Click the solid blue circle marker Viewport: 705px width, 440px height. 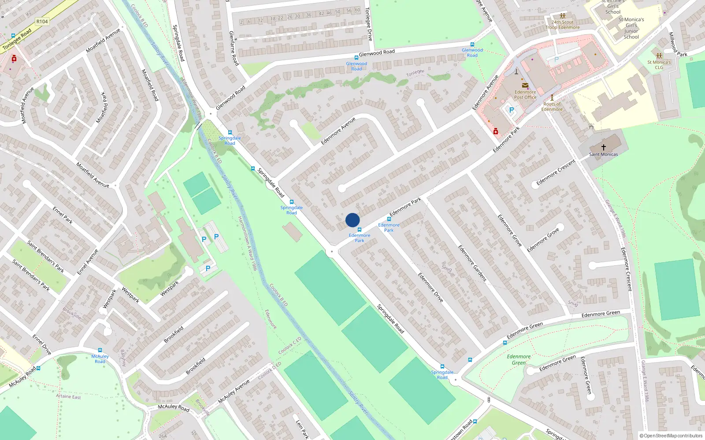point(352,220)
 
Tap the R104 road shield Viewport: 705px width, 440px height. point(42,22)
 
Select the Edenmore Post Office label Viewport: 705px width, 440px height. point(525,95)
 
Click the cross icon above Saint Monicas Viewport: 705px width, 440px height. point(604,147)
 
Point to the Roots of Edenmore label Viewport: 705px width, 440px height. point(552,106)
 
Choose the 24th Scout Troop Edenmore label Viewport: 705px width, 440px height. point(563,25)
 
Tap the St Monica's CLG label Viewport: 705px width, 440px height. point(659,65)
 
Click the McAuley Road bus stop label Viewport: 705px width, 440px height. point(100,359)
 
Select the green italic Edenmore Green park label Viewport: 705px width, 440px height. point(519,359)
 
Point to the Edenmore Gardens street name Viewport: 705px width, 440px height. point(472,263)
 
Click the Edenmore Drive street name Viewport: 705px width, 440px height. point(430,287)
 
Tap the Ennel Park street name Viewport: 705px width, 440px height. point(63,215)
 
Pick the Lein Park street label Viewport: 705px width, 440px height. point(302,429)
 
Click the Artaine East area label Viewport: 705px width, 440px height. point(68,396)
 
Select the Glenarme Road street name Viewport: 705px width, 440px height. point(234,48)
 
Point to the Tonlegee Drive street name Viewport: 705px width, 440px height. point(368,24)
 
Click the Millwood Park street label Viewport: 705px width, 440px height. point(677,45)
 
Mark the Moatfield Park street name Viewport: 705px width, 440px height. point(101,108)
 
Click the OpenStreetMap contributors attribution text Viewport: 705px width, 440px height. point(671,436)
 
